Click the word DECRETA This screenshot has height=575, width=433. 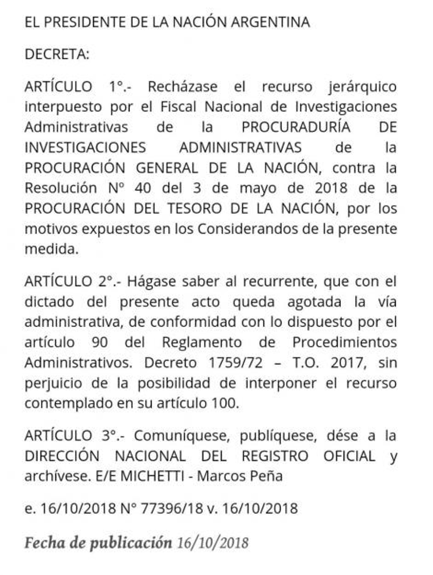click(x=57, y=54)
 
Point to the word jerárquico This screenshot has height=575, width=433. click(x=362, y=86)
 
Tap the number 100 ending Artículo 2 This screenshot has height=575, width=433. click(x=224, y=404)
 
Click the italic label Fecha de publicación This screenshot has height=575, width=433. click(x=98, y=542)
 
